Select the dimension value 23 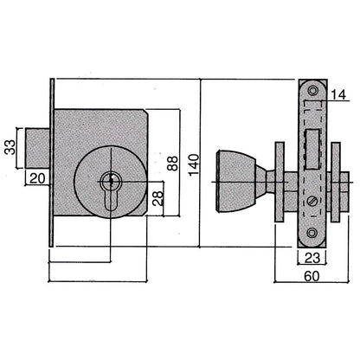point(312,256)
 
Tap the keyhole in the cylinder point(111,183)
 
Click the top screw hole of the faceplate point(312,91)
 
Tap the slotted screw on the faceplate point(312,201)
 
